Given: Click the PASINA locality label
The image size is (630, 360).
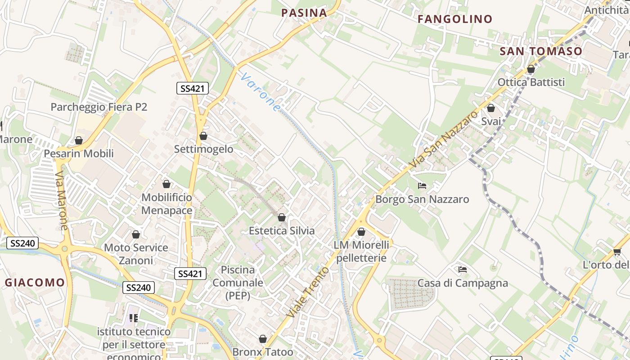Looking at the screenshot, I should click(304, 13).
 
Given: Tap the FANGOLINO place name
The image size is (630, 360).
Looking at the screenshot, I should click(455, 19).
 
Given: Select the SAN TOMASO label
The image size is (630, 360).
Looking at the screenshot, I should click(541, 51).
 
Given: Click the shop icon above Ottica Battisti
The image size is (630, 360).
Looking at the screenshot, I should click(531, 69).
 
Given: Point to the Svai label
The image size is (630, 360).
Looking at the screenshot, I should click(491, 121).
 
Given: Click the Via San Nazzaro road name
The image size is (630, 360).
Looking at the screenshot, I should click(443, 140).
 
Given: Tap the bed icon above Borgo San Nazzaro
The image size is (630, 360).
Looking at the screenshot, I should click(422, 185).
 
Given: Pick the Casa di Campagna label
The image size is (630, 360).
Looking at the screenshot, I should click(463, 283).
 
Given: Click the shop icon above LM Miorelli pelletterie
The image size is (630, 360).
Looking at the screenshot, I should click(361, 232).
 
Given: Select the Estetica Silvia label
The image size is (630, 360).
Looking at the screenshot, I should click(282, 230).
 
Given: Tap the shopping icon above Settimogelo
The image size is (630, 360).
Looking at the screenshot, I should click(203, 136).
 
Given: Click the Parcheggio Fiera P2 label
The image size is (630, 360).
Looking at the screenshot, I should click(99, 107).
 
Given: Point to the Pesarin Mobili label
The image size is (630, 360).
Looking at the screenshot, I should click(79, 153).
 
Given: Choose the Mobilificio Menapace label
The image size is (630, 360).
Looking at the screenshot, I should click(166, 204).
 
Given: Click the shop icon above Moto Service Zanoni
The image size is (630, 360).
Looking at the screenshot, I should click(136, 234).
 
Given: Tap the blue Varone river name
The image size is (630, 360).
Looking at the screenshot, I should click(260, 93).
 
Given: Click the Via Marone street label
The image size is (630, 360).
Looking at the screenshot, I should click(62, 200).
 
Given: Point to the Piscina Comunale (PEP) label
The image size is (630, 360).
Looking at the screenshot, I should click(238, 283).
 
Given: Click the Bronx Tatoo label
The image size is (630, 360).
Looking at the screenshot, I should click(263, 351).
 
